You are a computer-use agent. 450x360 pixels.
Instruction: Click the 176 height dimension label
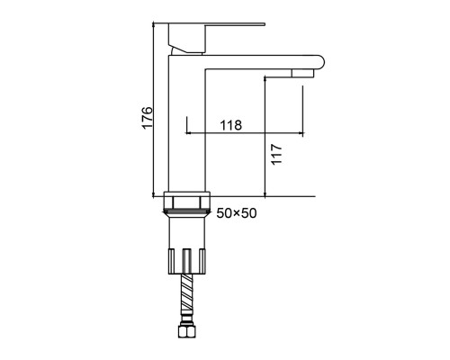point(147,117)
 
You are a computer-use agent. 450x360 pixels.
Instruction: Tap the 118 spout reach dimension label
point(231,125)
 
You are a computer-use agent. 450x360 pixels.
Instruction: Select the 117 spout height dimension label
point(276,154)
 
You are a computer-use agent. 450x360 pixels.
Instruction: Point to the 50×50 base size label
point(237,213)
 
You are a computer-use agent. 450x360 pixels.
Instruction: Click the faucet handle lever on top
point(217,24)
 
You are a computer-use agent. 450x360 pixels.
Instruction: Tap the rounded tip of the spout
point(320,62)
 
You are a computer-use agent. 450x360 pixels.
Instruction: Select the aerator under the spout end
point(302,73)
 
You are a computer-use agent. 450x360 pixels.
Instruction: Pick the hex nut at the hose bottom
point(186,332)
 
